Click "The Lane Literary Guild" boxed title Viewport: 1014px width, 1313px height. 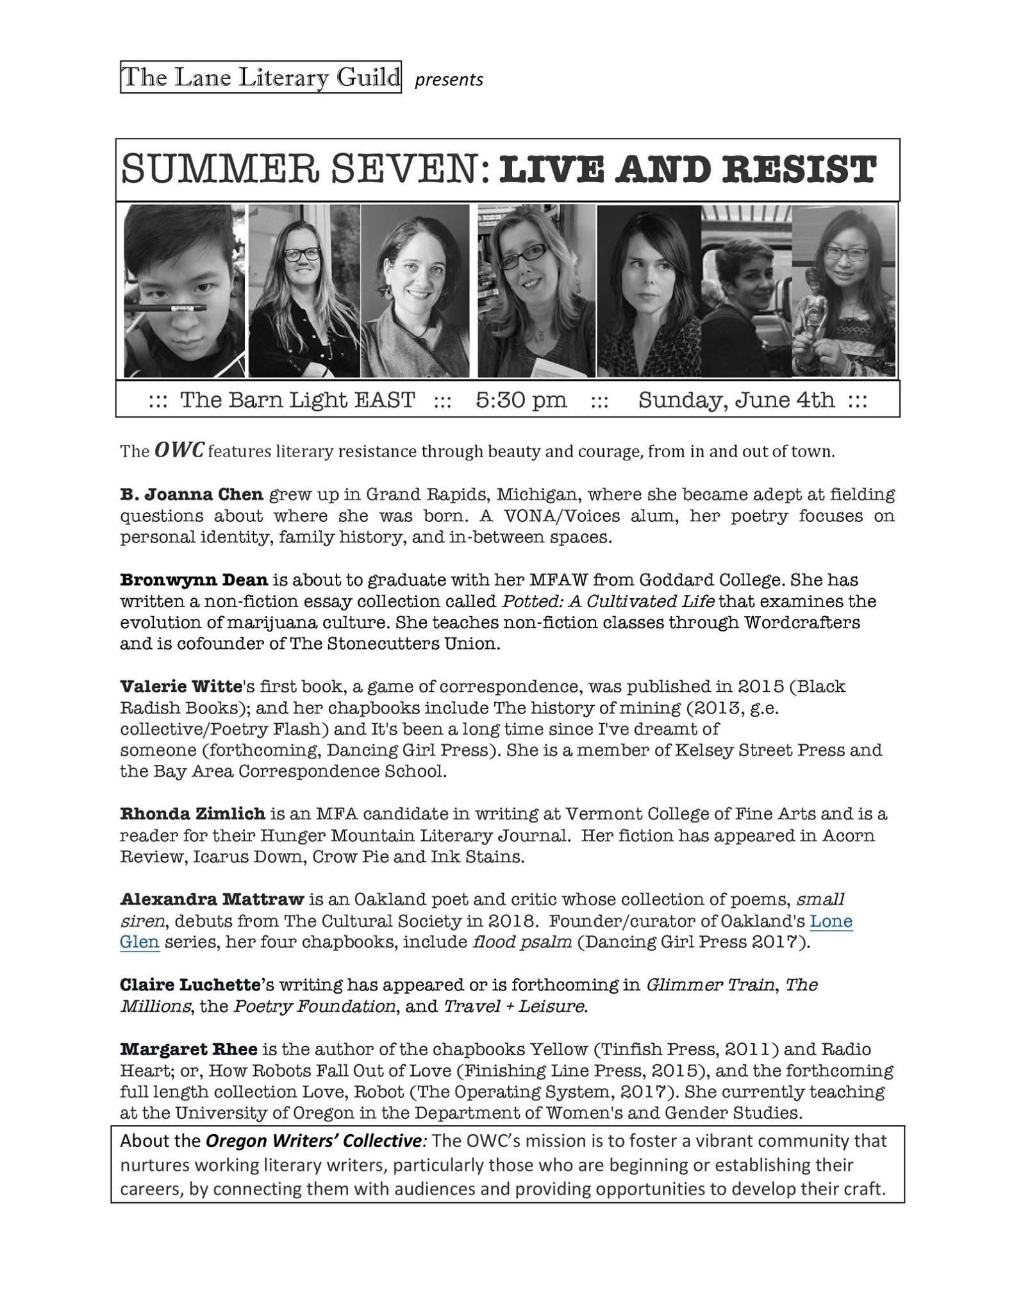tap(260, 77)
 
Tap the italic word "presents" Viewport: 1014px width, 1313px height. tap(449, 80)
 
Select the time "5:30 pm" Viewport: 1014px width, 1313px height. tap(521, 400)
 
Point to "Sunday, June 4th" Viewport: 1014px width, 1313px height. tap(736, 400)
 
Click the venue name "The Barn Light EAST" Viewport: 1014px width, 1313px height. tap(297, 400)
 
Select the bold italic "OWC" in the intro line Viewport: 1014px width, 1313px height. tap(179, 451)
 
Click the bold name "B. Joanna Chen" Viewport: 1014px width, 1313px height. tap(192, 494)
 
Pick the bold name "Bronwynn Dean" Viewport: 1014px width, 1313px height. tap(194, 580)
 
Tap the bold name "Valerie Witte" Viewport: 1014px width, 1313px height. tap(180, 687)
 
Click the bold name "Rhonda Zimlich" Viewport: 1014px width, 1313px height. tap(192, 814)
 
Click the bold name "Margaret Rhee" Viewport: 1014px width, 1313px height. tap(188, 1050)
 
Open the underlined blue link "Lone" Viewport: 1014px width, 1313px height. tap(831, 921)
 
